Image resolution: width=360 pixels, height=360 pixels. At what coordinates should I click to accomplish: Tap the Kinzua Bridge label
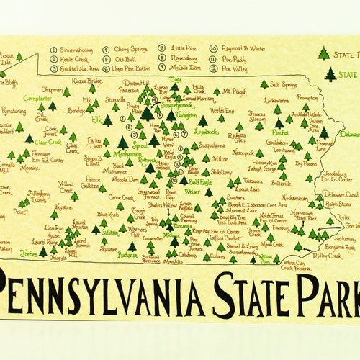tap(85, 81)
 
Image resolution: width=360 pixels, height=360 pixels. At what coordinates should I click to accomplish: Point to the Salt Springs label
tap(284, 84)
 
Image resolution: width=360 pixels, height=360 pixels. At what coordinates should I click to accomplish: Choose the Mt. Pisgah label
tap(233, 91)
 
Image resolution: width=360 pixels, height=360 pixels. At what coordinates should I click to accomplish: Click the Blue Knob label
tap(108, 214)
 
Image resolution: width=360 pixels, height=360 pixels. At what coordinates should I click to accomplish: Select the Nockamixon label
tap(294, 197)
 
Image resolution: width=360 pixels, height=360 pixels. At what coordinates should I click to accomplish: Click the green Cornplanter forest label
tap(37, 98)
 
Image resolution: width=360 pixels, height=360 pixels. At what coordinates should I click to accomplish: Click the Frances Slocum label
tap(257, 117)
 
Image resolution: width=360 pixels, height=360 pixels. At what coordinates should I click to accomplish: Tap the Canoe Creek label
tap(121, 197)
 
